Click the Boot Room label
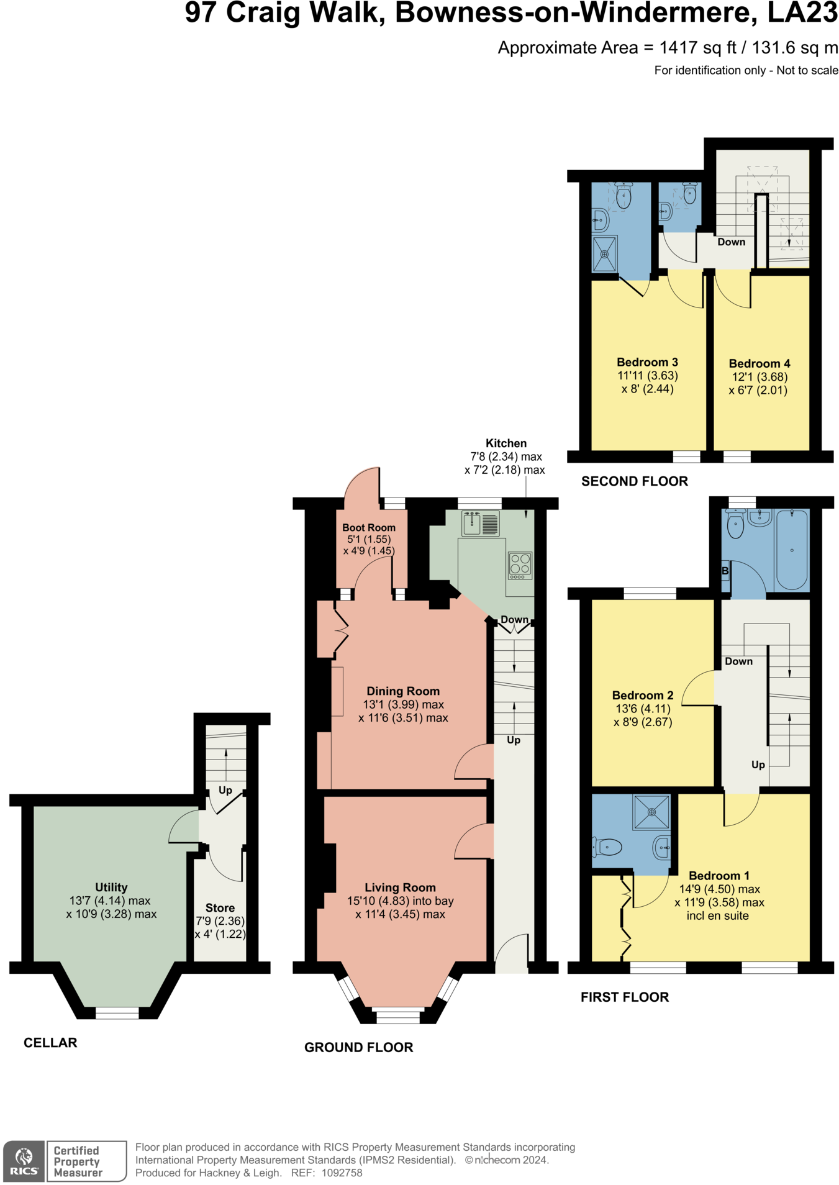click(x=368, y=527)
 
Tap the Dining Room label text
click(x=403, y=691)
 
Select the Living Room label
click(x=400, y=888)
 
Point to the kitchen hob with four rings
click(x=520, y=565)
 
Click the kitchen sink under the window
click(x=480, y=523)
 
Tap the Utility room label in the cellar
click(x=111, y=888)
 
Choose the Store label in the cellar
click(x=220, y=908)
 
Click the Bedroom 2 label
click(x=643, y=696)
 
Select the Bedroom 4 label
click(x=760, y=364)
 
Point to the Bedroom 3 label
click(x=647, y=362)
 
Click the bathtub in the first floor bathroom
click(x=792, y=550)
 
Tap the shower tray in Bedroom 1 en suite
click(x=651, y=812)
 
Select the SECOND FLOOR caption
click(x=635, y=481)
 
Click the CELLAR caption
click(x=50, y=1043)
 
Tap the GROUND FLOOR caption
click(x=359, y=1048)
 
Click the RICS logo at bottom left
click(x=24, y=1161)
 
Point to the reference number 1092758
click(x=344, y=1173)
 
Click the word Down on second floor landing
click(x=731, y=242)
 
